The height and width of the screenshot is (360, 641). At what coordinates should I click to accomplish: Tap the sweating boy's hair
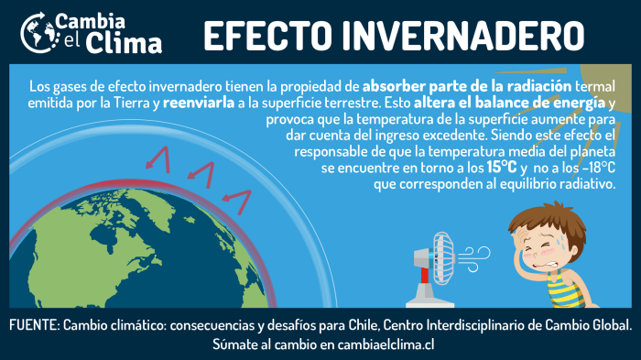[534, 221]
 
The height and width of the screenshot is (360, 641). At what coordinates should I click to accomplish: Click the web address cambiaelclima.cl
[382, 344]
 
